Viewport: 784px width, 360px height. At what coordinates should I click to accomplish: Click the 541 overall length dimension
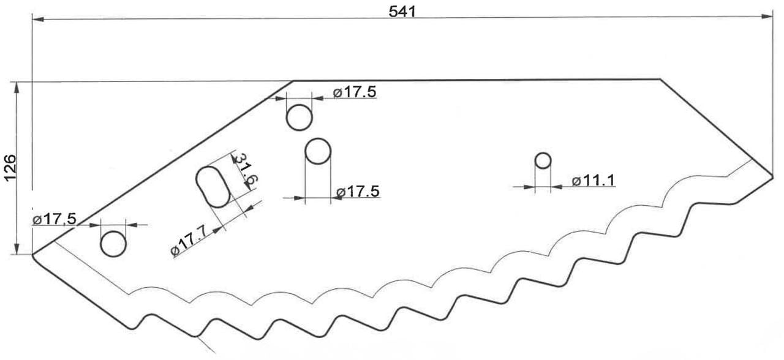402,12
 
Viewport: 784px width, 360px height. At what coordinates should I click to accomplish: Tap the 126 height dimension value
11,167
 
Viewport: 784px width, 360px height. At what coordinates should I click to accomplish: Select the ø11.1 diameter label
594,181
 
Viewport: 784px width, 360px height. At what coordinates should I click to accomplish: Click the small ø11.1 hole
543,160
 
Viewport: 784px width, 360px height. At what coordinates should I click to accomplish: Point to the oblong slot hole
213,187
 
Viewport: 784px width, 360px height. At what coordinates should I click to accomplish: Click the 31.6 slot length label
246,170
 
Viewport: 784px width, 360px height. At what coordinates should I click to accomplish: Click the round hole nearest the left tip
113,244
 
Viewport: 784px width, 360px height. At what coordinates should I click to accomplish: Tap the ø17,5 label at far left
54,219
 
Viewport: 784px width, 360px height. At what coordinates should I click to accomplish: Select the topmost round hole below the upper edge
300,118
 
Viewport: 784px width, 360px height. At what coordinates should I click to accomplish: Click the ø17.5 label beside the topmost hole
355,92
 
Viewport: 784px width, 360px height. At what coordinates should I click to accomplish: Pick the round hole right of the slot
318,151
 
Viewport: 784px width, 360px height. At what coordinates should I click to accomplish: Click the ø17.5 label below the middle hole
358,192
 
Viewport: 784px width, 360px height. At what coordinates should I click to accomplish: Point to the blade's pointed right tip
772,177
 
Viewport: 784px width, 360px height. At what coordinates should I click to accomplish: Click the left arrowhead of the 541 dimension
37,19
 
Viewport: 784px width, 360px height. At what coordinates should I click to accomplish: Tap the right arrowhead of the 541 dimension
767,16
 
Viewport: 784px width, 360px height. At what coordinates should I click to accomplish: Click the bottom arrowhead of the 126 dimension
16,249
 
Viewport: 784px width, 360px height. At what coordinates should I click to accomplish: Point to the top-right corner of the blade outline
660,80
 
